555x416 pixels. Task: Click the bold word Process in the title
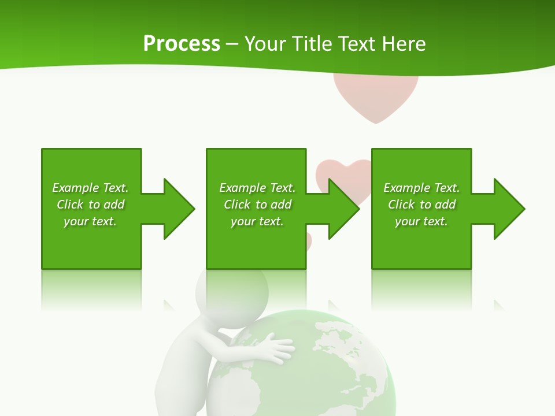click(182, 44)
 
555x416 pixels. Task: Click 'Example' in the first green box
click(76, 188)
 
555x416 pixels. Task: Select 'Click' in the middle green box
click(236, 205)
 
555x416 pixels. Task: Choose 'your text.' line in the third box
click(421, 221)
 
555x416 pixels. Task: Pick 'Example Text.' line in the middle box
click(257, 188)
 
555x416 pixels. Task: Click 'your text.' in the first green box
click(90, 221)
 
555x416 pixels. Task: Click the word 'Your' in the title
click(264, 44)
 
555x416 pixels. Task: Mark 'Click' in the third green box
click(401, 205)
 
